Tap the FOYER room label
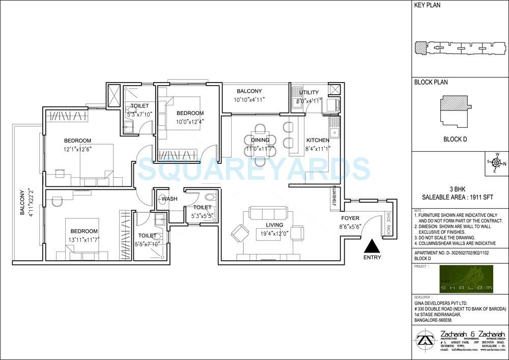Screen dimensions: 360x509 tap(350, 218)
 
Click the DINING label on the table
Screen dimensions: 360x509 tap(260, 140)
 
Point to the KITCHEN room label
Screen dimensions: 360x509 tap(318, 140)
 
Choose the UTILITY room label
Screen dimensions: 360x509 tap(309, 92)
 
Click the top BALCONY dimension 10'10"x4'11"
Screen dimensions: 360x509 tap(249, 100)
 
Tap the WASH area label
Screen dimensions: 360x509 tap(169, 199)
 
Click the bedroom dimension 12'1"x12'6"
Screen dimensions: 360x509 tap(77, 149)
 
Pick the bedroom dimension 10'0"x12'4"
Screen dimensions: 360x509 tap(190, 121)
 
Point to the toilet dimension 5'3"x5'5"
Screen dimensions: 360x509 tap(202, 215)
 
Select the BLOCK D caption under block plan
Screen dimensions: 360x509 tap(455, 139)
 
